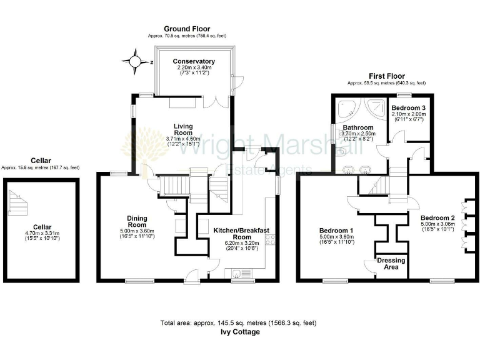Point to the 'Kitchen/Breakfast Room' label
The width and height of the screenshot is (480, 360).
(x=238, y=234)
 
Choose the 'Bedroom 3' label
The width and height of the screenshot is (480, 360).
(x=407, y=108)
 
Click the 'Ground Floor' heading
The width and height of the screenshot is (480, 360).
(x=187, y=29)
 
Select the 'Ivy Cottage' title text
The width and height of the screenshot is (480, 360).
(x=240, y=332)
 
